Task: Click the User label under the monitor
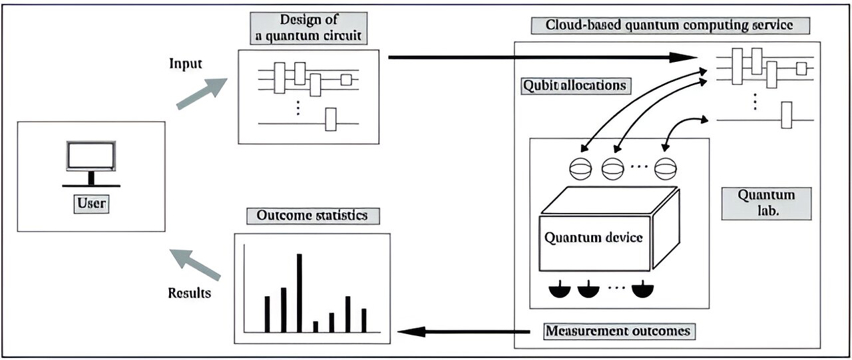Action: pos(91,202)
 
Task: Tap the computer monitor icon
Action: pos(91,156)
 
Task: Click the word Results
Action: pos(189,293)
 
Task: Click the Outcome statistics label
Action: pos(312,216)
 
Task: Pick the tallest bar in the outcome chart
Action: pos(300,293)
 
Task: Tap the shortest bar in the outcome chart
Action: pos(316,327)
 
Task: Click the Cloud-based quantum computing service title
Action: pos(670,26)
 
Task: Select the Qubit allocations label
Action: pos(574,85)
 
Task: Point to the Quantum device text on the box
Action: pos(594,237)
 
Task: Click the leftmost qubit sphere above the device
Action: pos(580,168)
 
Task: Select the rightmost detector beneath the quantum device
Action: pos(642,289)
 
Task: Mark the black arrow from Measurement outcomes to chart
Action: pos(466,331)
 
